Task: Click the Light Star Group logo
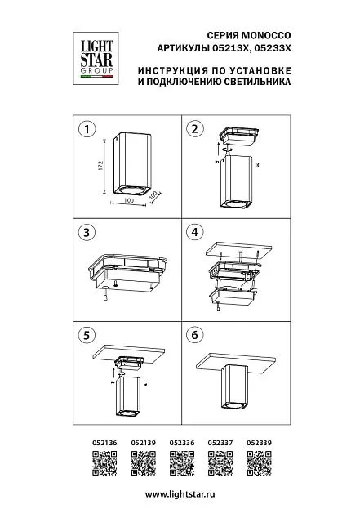pyautogui.click(x=96, y=59)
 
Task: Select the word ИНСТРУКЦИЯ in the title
pyautogui.click(x=173, y=70)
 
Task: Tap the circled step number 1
pyautogui.click(x=87, y=129)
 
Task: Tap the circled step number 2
pyautogui.click(x=194, y=129)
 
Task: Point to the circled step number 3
pyautogui.click(x=87, y=232)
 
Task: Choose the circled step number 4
pyautogui.click(x=194, y=232)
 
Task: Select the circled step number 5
pyautogui.click(x=87, y=335)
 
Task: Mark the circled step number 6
pyautogui.click(x=194, y=335)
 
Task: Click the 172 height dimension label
pyautogui.click(x=100, y=165)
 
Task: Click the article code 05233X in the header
pyautogui.click(x=273, y=49)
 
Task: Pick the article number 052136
pyautogui.click(x=104, y=443)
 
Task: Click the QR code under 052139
pyautogui.click(x=144, y=463)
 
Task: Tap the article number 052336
pyautogui.click(x=182, y=443)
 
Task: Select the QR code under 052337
pyautogui.click(x=220, y=463)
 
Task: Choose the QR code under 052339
pyautogui.click(x=259, y=463)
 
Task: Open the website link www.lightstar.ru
pyautogui.click(x=180, y=495)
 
